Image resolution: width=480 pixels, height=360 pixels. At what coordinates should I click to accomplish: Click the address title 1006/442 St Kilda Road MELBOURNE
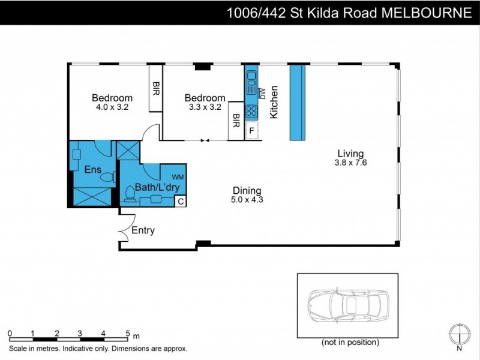pos(349,13)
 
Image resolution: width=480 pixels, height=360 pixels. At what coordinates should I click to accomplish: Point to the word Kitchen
pos(274,102)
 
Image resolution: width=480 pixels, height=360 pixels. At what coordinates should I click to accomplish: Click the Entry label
pos(143,230)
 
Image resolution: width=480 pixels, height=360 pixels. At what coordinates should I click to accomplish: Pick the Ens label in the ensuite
pos(92,169)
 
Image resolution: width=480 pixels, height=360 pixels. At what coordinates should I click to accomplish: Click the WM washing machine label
pos(178,176)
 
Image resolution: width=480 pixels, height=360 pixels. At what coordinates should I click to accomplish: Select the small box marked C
pos(179,202)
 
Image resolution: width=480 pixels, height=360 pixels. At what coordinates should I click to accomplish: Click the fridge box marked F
pos(251,130)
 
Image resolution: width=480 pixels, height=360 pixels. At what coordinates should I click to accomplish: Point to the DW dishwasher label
pos(262,92)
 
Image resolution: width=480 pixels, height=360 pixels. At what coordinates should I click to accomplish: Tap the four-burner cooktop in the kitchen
pos(251,111)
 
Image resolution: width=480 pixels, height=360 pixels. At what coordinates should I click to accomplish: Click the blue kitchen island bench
pos(297,102)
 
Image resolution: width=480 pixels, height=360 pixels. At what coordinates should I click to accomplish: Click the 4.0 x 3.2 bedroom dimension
pos(112,107)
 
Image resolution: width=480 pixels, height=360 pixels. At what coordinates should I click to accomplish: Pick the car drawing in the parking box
pos(346,305)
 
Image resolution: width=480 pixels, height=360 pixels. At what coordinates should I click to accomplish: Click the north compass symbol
pos(459,333)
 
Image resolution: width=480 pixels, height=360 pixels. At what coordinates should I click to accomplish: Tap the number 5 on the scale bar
pos(127,333)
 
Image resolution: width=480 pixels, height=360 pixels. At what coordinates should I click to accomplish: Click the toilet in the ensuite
pos(107,176)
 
